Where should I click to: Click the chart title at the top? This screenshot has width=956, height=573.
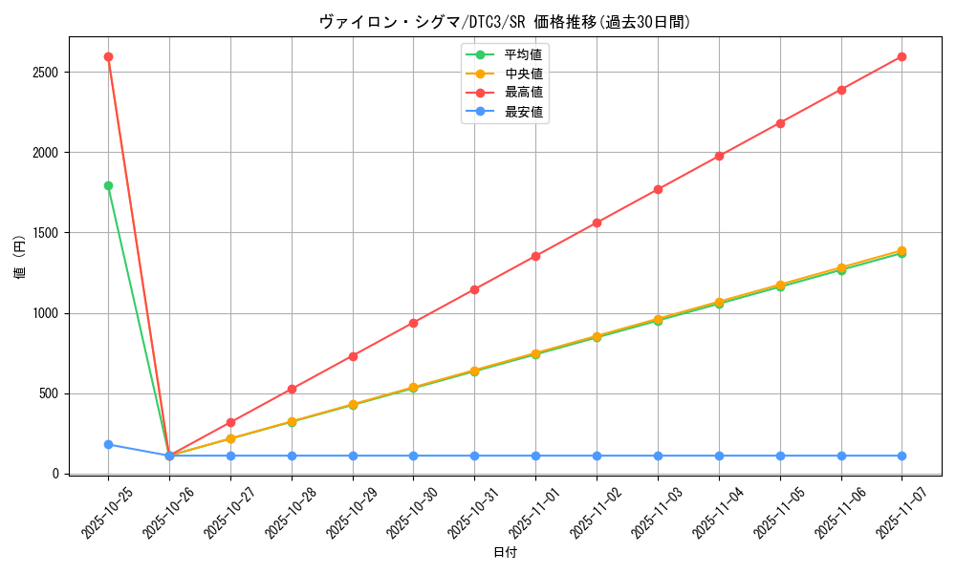tap(505, 22)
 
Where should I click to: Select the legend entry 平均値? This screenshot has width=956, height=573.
tap(523, 54)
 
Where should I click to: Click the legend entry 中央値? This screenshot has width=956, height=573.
tap(523, 74)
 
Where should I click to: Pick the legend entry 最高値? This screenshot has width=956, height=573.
tap(523, 93)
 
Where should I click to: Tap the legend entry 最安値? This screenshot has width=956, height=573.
tap(523, 112)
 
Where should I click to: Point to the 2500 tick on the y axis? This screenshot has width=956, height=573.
tap(45, 73)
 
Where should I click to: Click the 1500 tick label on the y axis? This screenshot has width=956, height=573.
tap(45, 233)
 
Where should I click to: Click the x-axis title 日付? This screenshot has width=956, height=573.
tap(505, 553)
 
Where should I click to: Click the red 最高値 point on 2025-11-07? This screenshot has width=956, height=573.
tap(902, 56)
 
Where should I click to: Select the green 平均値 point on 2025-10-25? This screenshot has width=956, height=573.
tap(108, 185)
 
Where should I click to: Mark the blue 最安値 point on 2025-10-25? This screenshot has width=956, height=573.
tap(108, 444)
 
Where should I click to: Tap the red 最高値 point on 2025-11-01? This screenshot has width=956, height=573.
tap(535, 256)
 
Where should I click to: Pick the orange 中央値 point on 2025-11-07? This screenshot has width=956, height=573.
tap(902, 250)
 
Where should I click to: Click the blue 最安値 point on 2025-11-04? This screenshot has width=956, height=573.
tap(719, 456)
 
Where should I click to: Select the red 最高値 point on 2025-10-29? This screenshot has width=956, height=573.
tap(353, 356)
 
